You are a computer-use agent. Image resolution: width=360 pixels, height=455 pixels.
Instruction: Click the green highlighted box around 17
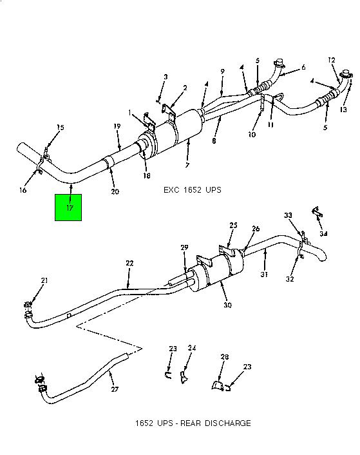(68, 208)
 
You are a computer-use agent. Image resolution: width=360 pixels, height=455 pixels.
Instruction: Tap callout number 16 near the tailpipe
(23, 190)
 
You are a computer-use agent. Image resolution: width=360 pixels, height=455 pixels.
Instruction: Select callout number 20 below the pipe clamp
(115, 191)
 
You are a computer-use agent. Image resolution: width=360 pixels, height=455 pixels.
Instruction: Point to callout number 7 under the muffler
(187, 165)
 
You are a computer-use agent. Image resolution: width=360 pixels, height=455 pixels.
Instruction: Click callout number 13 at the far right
(343, 110)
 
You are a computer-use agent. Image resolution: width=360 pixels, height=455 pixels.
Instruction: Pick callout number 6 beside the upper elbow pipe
(303, 67)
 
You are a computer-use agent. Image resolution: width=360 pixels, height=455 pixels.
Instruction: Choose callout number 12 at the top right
(332, 60)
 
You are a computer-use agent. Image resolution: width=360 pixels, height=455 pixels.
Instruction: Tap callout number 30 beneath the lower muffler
(227, 305)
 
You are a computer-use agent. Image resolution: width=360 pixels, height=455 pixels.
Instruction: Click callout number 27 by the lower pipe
(115, 389)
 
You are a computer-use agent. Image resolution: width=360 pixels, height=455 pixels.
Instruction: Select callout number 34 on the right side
(323, 233)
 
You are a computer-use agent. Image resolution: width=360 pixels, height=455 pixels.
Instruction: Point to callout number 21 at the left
(44, 280)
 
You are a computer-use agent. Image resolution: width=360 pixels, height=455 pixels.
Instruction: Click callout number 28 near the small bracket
(225, 357)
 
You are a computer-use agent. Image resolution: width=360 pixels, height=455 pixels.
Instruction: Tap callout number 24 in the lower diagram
(192, 347)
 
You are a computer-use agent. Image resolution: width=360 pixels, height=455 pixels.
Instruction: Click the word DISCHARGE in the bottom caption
(228, 423)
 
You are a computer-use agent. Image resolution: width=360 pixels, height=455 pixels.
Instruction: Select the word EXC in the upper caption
(171, 190)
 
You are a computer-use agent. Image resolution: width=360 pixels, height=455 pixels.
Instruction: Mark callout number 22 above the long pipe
(129, 263)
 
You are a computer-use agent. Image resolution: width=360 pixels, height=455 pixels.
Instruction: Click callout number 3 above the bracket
(166, 77)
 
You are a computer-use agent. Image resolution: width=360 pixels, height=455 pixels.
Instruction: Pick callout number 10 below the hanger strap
(252, 134)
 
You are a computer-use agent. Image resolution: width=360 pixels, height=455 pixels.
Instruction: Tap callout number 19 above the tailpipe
(117, 126)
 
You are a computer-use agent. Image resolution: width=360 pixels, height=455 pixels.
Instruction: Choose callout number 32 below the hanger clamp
(290, 279)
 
